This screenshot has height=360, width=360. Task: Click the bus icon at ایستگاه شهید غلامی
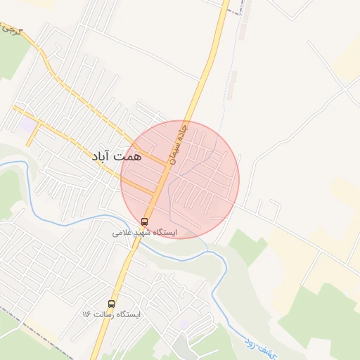pos(145,221)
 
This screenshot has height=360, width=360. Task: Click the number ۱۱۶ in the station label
pos(86,314)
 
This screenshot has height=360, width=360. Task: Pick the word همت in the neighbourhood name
pos(130,155)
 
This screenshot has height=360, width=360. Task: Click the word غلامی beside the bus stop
pos(122,232)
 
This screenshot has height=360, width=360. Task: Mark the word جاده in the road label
pos(185,131)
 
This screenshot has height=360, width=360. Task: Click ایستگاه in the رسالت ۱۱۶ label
pos(127,314)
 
